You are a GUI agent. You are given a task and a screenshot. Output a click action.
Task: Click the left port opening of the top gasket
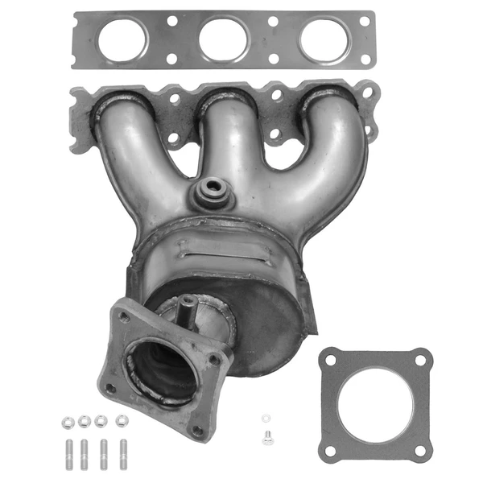[122, 39]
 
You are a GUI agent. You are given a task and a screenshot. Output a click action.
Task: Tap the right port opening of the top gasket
[324, 39]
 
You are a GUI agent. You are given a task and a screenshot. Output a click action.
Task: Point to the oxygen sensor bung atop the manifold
[213, 188]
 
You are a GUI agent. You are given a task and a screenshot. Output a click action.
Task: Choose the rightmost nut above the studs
[122, 420]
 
